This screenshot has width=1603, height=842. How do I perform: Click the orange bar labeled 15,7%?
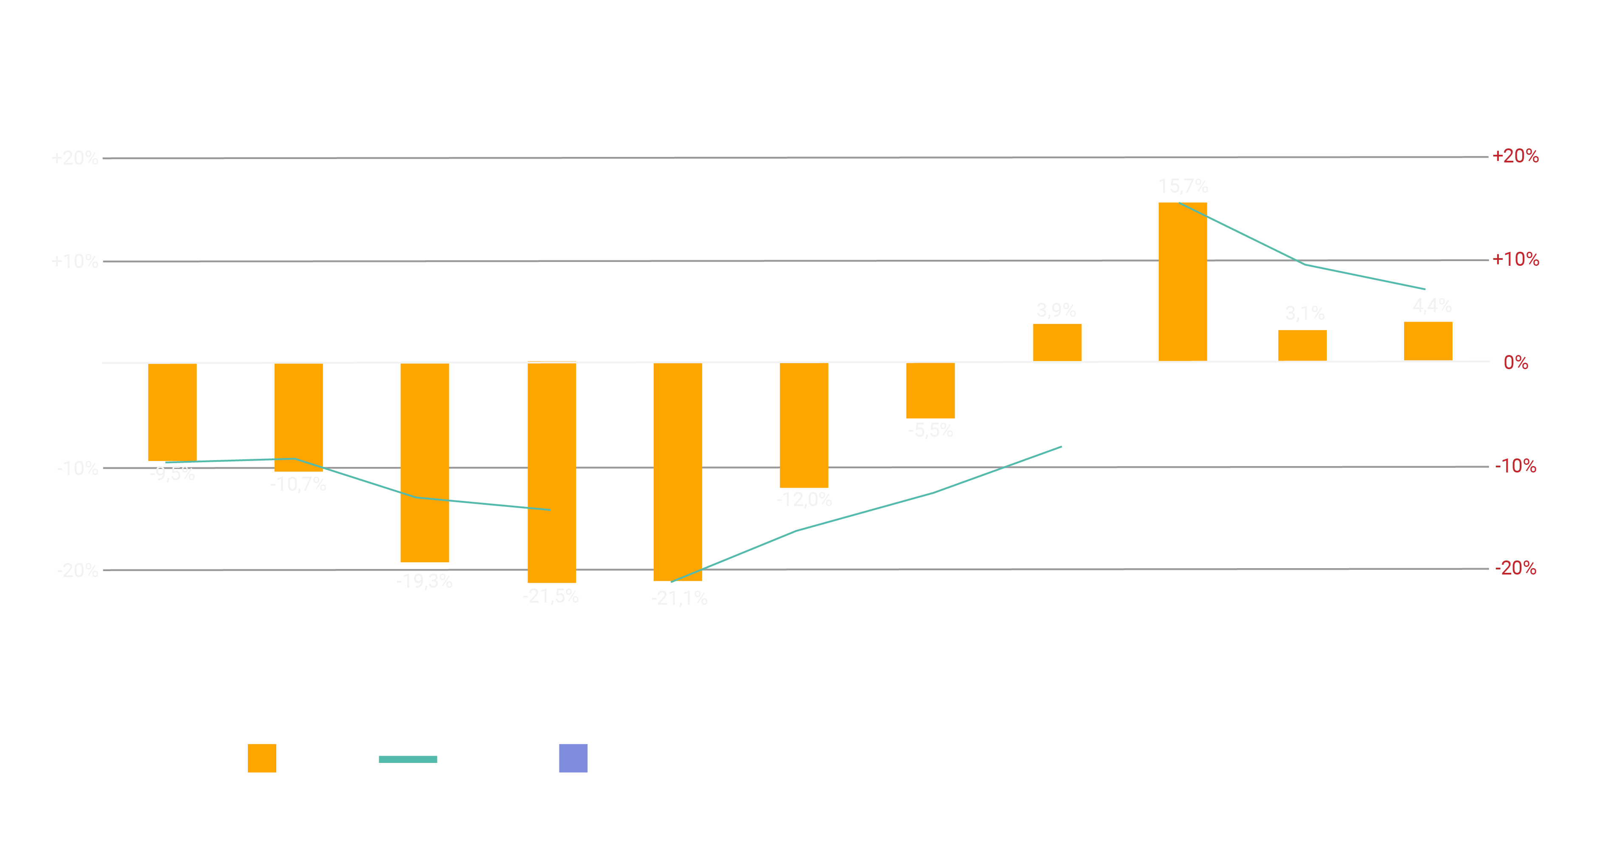click(x=1182, y=281)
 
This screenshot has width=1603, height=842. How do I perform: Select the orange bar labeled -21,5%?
click(x=551, y=472)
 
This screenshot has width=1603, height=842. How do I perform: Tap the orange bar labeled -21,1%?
click(x=678, y=472)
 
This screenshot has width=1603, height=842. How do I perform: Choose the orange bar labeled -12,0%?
click(x=804, y=425)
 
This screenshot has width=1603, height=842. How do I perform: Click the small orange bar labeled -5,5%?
click(x=931, y=390)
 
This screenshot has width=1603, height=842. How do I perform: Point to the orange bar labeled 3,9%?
click(x=1057, y=342)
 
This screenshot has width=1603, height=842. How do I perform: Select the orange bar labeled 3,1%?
click(x=1302, y=345)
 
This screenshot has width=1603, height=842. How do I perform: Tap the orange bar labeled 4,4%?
click(x=1428, y=341)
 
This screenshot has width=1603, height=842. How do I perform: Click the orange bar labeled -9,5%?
click(x=172, y=412)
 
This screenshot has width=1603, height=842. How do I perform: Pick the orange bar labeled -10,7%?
click(x=299, y=417)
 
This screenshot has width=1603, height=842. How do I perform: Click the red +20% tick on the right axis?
click(x=1515, y=156)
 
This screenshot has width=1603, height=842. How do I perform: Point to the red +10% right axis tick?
click(x=1515, y=259)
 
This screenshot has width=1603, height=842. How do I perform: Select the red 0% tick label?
click(x=1515, y=363)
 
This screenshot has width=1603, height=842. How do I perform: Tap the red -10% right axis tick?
click(x=1515, y=466)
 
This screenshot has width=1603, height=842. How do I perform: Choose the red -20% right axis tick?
click(x=1515, y=568)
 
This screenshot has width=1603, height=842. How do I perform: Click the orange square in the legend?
click(x=262, y=758)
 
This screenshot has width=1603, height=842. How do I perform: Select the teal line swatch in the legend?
click(x=408, y=759)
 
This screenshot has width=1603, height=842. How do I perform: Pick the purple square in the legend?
click(x=573, y=758)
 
